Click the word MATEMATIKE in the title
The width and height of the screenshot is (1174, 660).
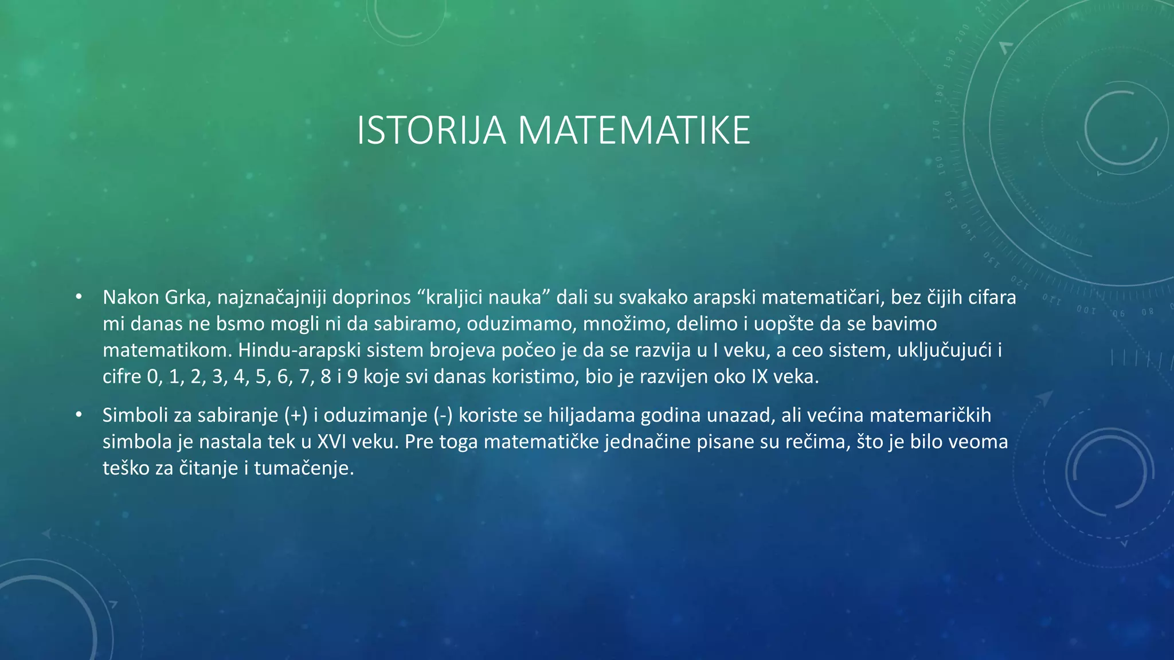634,131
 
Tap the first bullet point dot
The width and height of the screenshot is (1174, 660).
79,297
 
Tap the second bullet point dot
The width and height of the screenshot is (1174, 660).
79,415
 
